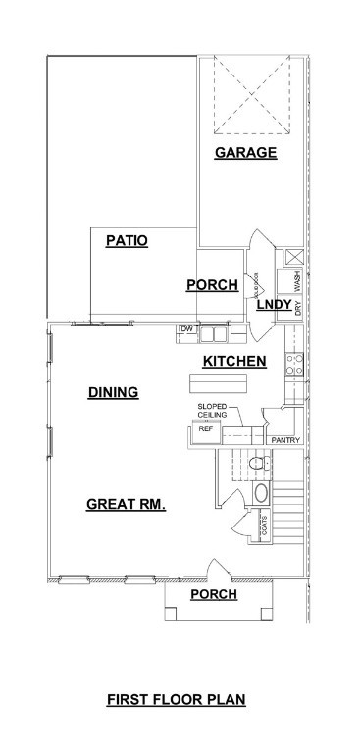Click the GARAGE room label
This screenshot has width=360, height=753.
[245, 153]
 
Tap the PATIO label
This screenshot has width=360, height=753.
[128, 240]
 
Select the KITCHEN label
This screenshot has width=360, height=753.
[234, 362]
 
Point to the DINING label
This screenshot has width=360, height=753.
[113, 393]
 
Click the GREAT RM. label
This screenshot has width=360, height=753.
[126, 505]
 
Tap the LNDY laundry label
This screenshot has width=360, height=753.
[274, 306]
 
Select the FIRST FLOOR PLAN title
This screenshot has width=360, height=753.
[176, 700]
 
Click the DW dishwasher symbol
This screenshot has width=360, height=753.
[185, 329]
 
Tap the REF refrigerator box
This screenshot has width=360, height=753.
[206, 429]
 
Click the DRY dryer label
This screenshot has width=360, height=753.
[296, 306]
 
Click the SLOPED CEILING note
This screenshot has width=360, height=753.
[213, 411]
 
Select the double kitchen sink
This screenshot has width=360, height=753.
[214, 330]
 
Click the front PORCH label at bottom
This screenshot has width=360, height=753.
[214, 595]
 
